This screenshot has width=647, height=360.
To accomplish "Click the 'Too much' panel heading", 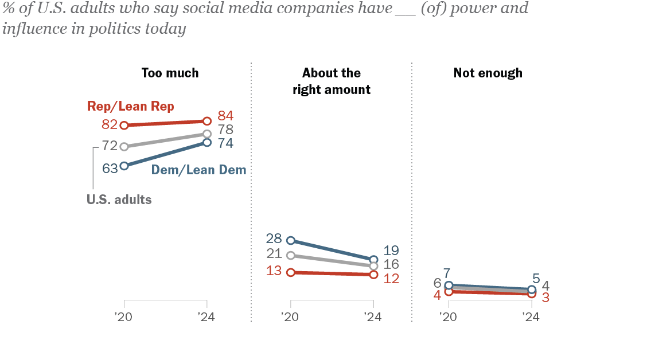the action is (x=170, y=73).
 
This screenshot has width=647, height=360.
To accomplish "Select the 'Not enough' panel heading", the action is (x=488, y=73).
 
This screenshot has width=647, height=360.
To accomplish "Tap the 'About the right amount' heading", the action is (x=332, y=81).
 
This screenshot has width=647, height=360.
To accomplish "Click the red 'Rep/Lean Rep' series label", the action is (x=130, y=107).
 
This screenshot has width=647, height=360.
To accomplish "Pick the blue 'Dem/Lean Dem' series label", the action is (x=198, y=170).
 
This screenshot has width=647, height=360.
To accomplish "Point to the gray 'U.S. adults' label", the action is (x=119, y=199).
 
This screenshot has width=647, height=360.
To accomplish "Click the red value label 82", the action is (x=110, y=124).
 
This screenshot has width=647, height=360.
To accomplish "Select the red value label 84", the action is (x=225, y=115).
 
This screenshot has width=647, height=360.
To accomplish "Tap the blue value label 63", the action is (x=110, y=168).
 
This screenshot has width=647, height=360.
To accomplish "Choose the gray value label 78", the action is (x=225, y=130).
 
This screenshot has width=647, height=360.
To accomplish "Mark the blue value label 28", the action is (x=274, y=238).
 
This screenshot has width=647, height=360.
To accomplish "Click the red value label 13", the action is (x=274, y=271).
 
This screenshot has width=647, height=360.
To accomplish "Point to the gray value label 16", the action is (x=391, y=264).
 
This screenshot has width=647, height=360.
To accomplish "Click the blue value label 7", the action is (x=446, y=273).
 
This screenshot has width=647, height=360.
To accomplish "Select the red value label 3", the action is (x=545, y=298).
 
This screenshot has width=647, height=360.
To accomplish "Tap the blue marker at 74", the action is (x=207, y=142).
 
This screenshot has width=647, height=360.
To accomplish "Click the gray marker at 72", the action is (x=124, y=146).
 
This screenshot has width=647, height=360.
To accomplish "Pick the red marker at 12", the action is (x=373, y=274).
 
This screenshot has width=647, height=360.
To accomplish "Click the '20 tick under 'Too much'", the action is (x=124, y=303).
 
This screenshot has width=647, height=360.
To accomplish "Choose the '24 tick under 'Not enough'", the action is (x=532, y=303).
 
